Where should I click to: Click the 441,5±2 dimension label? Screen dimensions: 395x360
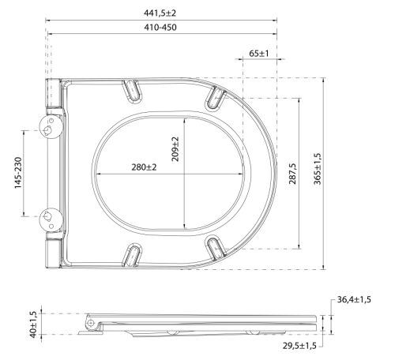coord(160,13)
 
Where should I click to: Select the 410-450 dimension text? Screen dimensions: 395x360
coord(160,27)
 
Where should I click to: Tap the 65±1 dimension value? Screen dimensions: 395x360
coord(259,54)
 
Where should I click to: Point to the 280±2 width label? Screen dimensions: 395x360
coord(144,167)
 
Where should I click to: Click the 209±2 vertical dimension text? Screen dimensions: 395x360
coord(175,149)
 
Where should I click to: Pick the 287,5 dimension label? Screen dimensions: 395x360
coord(293,174)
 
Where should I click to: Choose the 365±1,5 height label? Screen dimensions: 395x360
coord(318,169)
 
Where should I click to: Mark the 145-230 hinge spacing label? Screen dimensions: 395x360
coord(18,173)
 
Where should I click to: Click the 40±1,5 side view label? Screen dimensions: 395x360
coord(33,324)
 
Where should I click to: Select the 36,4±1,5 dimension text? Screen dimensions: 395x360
coord(354,299)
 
